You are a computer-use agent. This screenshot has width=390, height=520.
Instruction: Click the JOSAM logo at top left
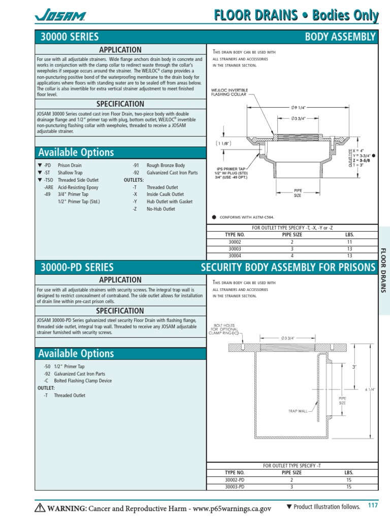60,16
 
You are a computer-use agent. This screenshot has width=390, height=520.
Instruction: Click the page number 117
373,505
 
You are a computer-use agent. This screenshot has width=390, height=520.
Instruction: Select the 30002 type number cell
235,242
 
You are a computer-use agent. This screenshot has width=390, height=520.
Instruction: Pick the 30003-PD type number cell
235,486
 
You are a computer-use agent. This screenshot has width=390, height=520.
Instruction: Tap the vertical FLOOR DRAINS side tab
383,271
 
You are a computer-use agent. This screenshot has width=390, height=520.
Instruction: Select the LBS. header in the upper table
349,235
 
